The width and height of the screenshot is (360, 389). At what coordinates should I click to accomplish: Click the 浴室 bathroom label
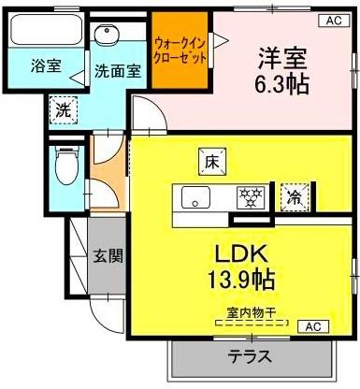coord(45,65)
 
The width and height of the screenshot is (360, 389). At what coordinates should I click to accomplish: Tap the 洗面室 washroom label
coord(118,71)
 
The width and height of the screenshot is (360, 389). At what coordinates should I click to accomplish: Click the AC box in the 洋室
coord(333,20)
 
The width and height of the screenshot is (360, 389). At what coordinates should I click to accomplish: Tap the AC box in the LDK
coord(312,326)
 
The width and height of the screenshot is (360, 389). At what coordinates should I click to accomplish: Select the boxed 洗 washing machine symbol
coord(63,109)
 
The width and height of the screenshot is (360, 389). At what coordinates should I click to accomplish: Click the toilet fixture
coord(65,168)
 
